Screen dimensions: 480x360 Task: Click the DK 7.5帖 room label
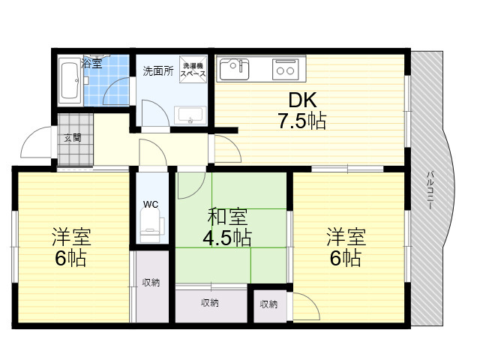tap(301, 110)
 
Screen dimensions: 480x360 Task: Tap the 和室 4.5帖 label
tap(227, 226)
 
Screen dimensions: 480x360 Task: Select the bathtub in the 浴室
tap(69, 81)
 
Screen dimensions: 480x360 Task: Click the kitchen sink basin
tap(234, 70)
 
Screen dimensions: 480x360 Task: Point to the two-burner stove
tap(286, 70)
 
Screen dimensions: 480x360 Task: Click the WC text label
tap(151, 204)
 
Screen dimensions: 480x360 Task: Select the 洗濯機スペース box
tap(193, 69)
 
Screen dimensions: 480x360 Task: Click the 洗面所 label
tap(158, 70)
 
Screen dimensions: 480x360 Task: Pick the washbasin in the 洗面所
tap(190, 115)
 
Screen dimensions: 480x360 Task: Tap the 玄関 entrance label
tap(73, 138)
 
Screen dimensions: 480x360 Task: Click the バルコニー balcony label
tap(430, 190)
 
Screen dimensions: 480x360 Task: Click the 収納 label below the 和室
tap(210, 303)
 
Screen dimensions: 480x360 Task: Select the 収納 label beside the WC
tap(151, 282)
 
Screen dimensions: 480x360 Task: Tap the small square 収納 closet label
tap(268, 304)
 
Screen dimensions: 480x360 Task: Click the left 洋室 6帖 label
tap(71, 247)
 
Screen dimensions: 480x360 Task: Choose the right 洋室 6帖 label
tap(346, 247)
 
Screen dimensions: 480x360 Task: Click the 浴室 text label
tap(91, 63)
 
